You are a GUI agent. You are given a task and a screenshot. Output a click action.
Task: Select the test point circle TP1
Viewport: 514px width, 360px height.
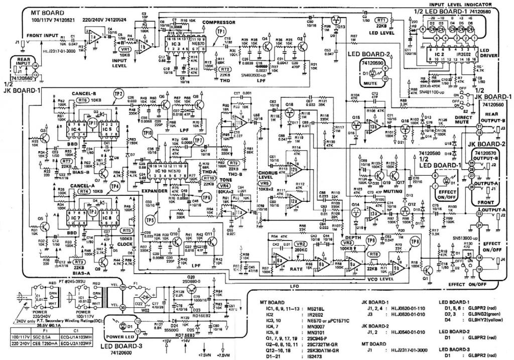point(221,32)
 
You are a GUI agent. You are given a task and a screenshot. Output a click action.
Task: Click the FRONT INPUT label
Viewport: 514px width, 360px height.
point(42,36)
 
